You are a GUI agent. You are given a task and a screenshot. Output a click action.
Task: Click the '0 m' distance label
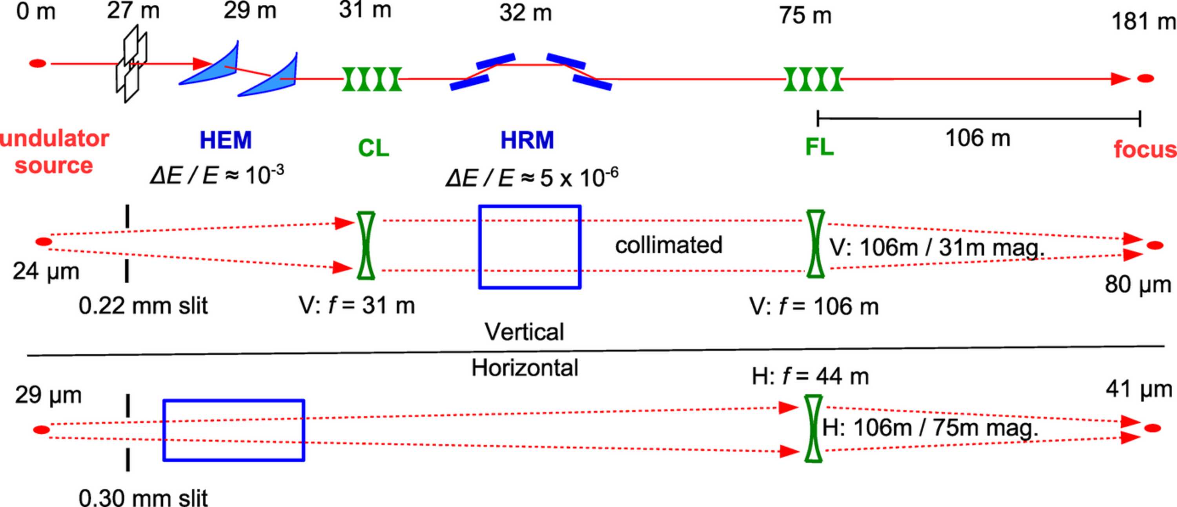click(36, 11)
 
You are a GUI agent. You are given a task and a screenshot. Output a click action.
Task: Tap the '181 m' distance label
click(1144, 22)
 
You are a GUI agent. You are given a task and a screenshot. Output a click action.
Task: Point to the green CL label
click(373, 148)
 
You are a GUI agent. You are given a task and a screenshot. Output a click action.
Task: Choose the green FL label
click(819, 147)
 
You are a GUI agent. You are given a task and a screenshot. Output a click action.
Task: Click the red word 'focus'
click(1145, 149)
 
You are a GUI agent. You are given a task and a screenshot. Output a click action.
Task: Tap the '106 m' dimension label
click(977, 138)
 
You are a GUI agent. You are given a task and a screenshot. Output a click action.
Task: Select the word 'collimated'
click(669, 245)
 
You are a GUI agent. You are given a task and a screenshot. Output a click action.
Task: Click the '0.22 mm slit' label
click(143, 305)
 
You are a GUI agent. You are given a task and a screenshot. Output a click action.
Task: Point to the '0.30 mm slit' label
click(143, 497)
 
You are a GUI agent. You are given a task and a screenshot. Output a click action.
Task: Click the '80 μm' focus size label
click(1138, 285)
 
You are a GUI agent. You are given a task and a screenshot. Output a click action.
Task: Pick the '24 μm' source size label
click(46, 271)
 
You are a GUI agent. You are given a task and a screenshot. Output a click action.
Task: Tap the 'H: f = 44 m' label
click(810, 376)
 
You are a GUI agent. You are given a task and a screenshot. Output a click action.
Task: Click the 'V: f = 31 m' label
click(357, 305)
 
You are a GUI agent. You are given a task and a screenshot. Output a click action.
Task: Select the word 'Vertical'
click(524, 332)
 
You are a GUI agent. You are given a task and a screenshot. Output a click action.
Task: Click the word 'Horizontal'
click(525, 368)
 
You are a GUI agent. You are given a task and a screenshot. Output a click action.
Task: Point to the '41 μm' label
click(1139, 389)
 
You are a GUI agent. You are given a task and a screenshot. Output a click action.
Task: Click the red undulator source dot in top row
click(38, 64)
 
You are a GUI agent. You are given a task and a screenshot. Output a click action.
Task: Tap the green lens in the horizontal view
click(813, 429)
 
